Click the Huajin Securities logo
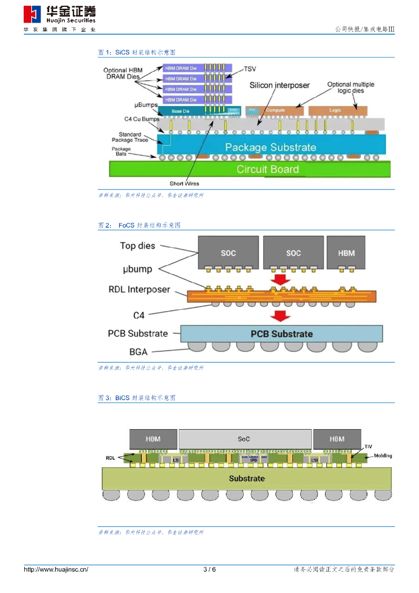tap(60, 16)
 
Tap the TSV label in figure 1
tap(249, 69)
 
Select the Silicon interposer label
tap(280, 85)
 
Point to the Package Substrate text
tap(270, 147)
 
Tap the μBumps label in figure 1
tap(146, 105)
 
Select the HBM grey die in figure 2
tap(346, 252)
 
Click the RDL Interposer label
tap(139, 290)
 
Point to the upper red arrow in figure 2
tap(280, 280)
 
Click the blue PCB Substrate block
tap(281, 334)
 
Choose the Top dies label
tap(138, 246)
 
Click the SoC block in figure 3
tap(244, 439)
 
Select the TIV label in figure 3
tap(368, 446)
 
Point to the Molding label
tap(383, 456)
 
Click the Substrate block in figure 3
tap(247, 478)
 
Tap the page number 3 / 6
tap(209, 570)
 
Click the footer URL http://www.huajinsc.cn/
tap(56, 570)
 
